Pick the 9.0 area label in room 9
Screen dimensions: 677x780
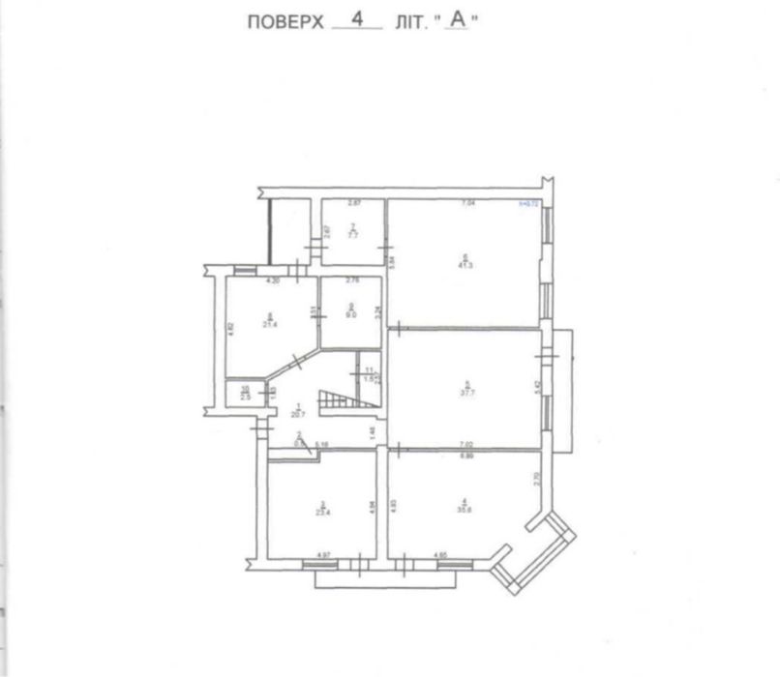click(351, 313)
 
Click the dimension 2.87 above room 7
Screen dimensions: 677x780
click(354, 203)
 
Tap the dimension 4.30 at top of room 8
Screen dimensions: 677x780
click(272, 280)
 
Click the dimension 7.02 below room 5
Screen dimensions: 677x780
click(465, 447)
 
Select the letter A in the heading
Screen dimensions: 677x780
click(461, 22)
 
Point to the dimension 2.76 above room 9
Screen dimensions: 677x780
click(352, 280)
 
